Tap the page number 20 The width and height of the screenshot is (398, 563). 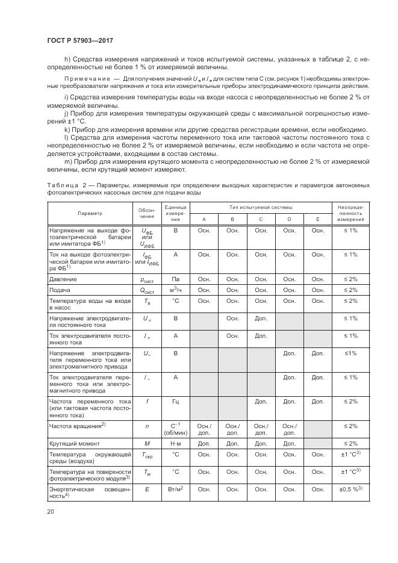[51, 512]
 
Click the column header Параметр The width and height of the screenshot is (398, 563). [90, 213]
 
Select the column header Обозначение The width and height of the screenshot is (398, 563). [147, 213]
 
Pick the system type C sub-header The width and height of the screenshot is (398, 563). [261, 220]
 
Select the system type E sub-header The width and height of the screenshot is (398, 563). [317, 220]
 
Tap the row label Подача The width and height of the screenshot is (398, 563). [60, 290]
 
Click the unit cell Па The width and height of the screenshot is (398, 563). [175, 279]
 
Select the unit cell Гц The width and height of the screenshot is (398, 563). [175, 400]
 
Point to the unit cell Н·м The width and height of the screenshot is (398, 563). [175, 443]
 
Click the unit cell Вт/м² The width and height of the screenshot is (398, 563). [175, 490]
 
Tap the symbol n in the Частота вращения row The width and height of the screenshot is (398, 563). [147, 425]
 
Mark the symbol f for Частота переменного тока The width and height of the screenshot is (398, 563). [147, 400]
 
